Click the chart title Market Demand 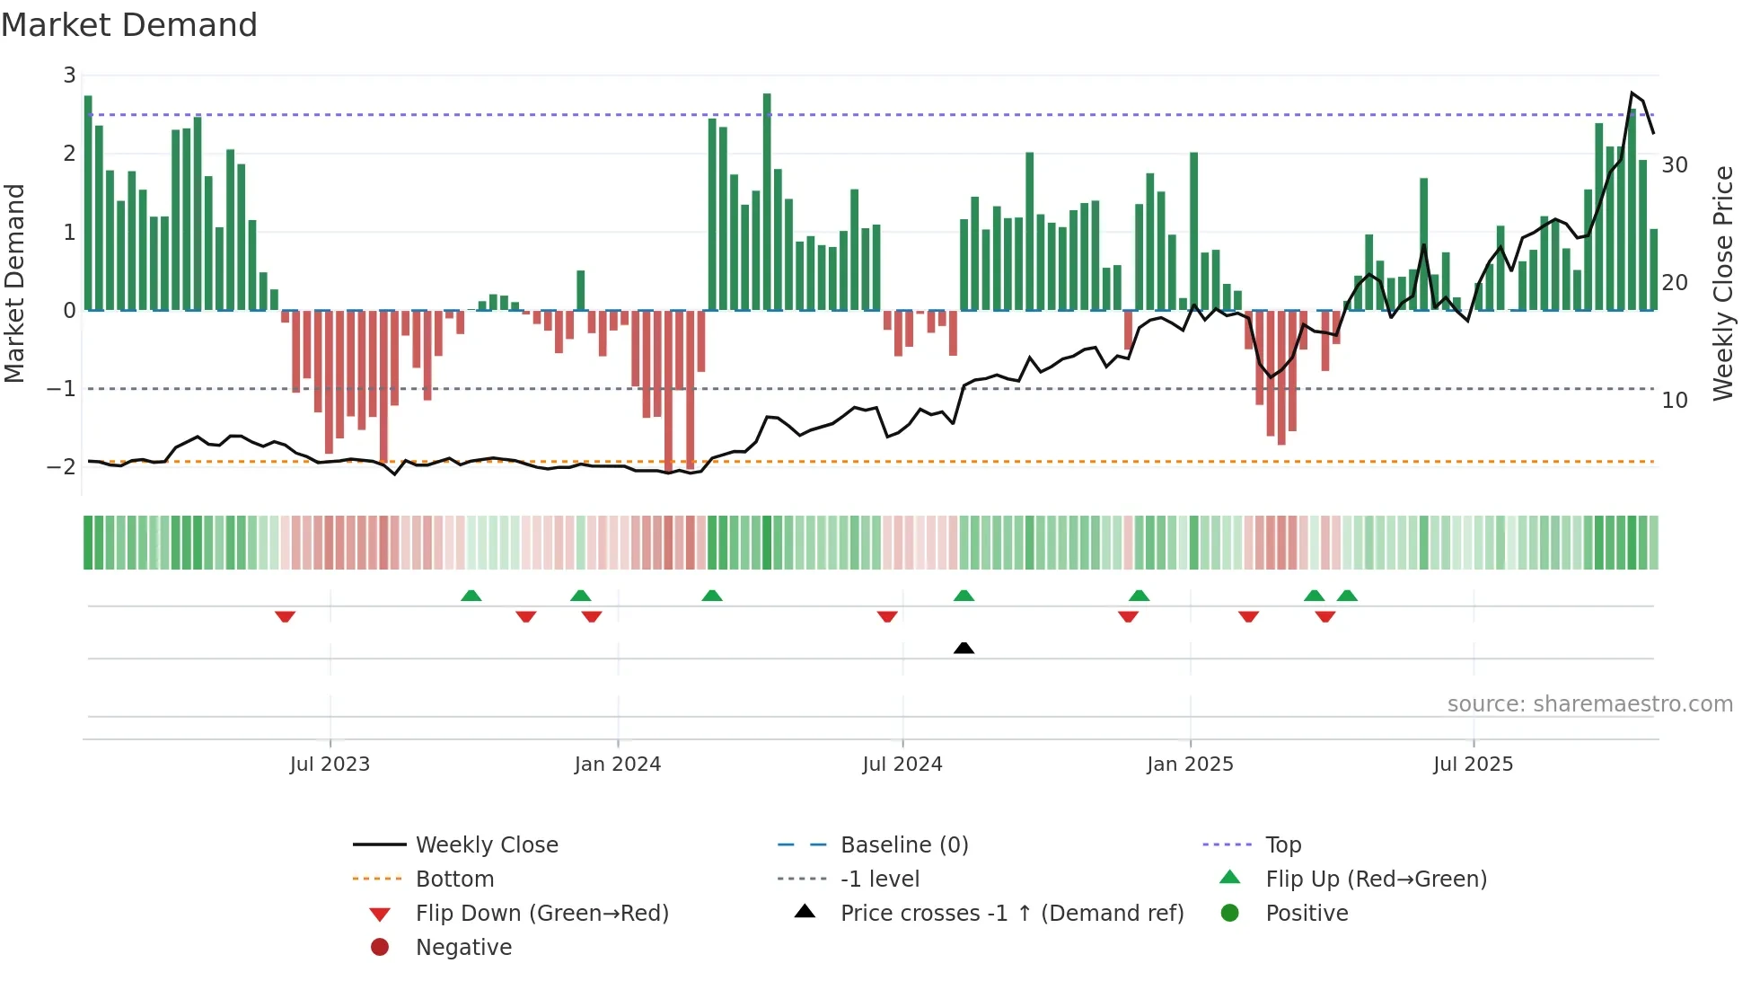[129, 24]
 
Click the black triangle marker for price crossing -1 [964, 648]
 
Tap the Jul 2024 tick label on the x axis [902, 765]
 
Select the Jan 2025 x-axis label [1190, 765]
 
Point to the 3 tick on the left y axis [69, 75]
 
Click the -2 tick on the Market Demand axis [61, 466]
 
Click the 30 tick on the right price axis [1675, 165]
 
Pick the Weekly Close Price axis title [1722, 283]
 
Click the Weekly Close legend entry [486, 845]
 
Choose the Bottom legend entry [454, 880]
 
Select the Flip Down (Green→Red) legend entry [541, 914]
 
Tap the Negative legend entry [463, 948]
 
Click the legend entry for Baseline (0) [903, 845]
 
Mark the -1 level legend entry [879, 880]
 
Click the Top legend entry [1282, 845]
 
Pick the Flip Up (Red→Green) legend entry [1376, 880]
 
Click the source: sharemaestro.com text [1589, 704]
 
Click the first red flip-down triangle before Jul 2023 [285, 616]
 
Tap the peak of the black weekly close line [1632, 93]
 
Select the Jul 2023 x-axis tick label [330, 765]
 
